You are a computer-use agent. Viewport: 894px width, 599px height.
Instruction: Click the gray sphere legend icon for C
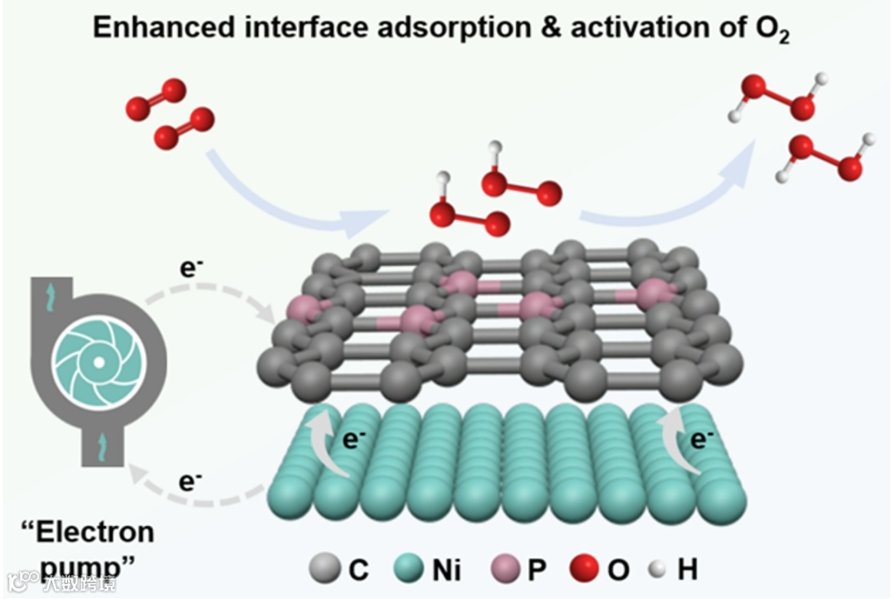pos(324,569)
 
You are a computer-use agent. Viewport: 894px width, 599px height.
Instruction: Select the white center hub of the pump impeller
pos(98,363)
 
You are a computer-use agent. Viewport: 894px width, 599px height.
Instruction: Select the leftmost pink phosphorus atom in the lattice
pos(300,308)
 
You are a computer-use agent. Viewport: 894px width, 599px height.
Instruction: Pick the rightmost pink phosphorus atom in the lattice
pos(654,292)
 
